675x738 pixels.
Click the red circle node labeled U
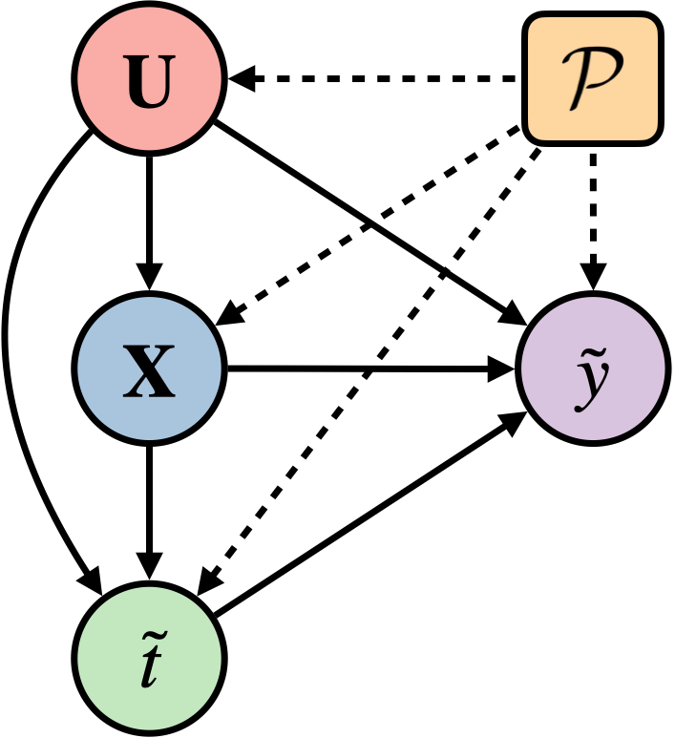point(149,77)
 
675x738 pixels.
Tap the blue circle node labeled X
point(149,369)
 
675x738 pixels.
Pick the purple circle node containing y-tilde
point(593,369)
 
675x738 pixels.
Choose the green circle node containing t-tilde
point(149,658)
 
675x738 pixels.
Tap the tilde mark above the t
point(149,632)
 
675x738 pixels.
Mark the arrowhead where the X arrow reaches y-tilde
point(504,369)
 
